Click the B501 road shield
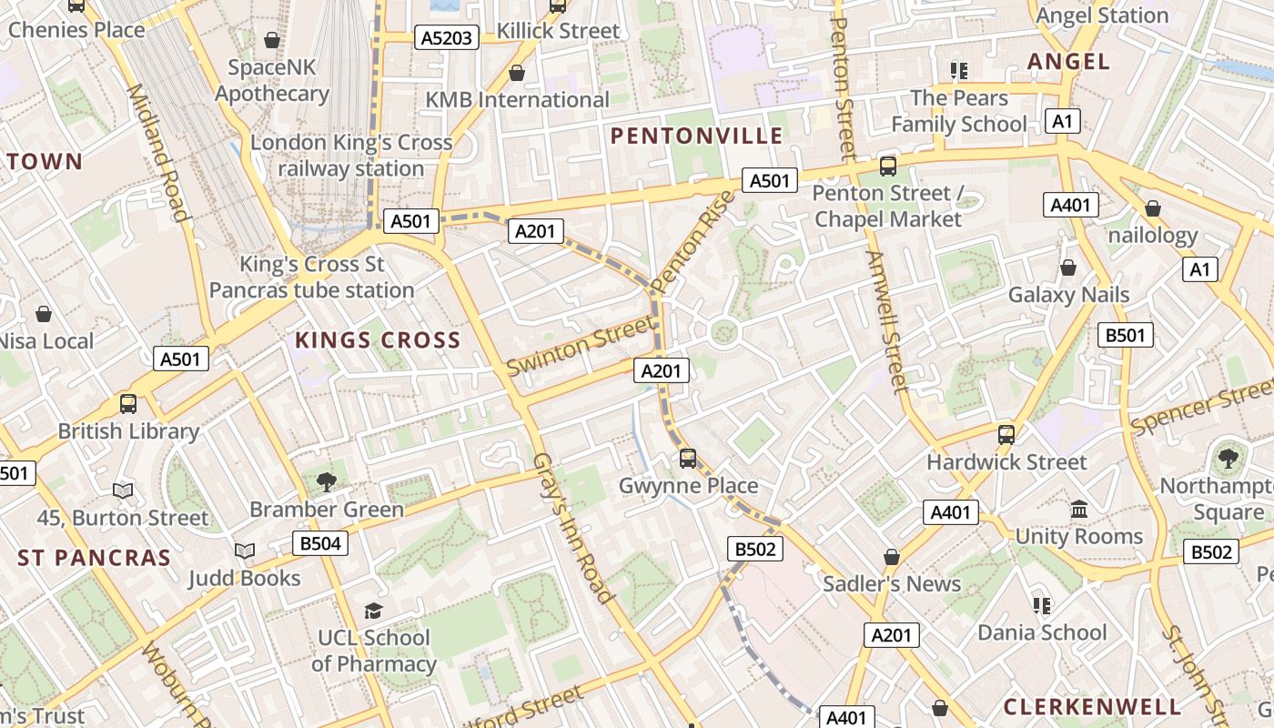pyautogui.click(x=1125, y=335)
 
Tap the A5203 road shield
pyautogui.click(x=447, y=37)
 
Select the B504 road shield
pyautogui.click(x=320, y=544)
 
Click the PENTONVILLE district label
pyautogui.click(x=696, y=136)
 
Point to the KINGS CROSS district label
pyautogui.click(x=378, y=340)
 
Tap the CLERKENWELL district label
pyautogui.click(x=1092, y=706)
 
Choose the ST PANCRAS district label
pyautogui.click(x=94, y=558)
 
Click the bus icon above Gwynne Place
pyautogui.click(x=688, y=459)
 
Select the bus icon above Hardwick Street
pyautogui.click(x=1006, y=435)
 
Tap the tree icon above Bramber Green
pyautogui.click(x=326, y=482)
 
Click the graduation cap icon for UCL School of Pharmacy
pyautogui.click(x=373, y=611)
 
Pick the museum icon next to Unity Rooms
pyautogui.click(x=1079, y=509)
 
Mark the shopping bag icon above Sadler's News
pyautogui.click(x=892, y=557)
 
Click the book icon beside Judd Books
pyautogui.click(x=244, y=551)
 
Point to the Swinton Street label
pyautogui.click(x=581, y=346)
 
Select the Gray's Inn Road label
pyautogui.click(x=571, y=528)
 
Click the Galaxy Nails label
pyautogui.click(x=1068, y=295)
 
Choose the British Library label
pyautogui.click(x=128, y=431)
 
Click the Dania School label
pyautogui.click(x=1042, y=632)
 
